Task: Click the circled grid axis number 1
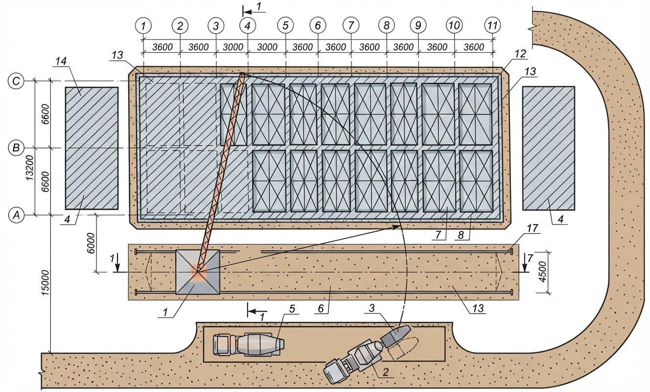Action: (x=143, y=24)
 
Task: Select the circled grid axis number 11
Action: (x=492, y=24)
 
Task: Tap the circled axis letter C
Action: (x=17, y=81)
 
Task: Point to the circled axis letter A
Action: (x=17, y=215)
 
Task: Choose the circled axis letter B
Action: (x=17, y=147)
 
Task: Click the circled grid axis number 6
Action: (x=318, y=24)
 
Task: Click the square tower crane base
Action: (x=198, y=272)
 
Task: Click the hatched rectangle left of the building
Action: (x=92, y=148)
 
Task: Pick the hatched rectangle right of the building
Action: (x=549, y=148)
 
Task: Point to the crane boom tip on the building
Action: (x=242, y=74)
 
